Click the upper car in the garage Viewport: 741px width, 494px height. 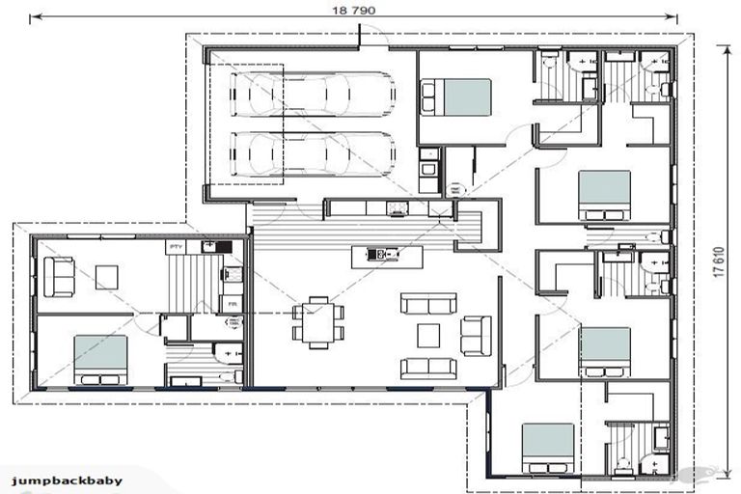click(315, 96)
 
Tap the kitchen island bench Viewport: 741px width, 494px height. click(386, 256)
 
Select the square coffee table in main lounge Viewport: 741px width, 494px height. click(427, 335)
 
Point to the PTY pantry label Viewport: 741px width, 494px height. click(177, 248)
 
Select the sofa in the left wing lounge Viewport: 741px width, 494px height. click(60, 277)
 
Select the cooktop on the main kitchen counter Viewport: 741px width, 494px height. click(396, 207)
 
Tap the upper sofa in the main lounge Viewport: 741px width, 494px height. click(428, 303)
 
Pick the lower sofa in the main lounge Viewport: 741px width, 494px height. click(428, 368)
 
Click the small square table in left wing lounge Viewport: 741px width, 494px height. click(106, 277)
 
